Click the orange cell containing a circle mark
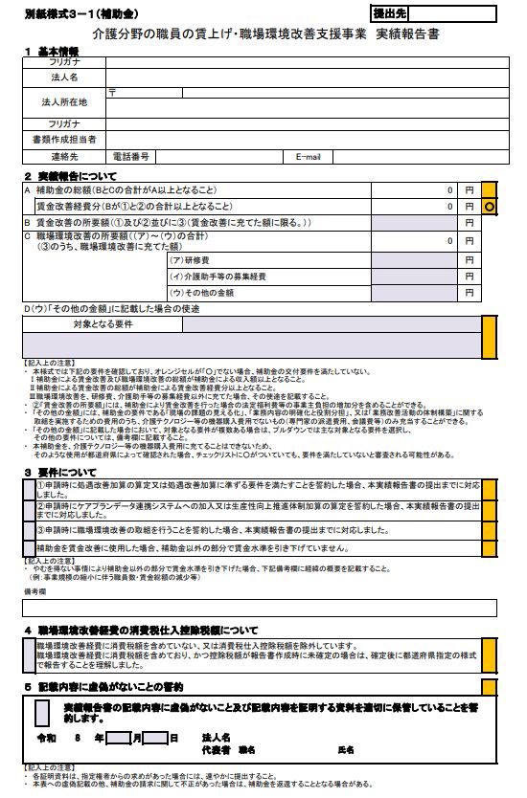489,207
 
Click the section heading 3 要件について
68,472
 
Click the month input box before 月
118,738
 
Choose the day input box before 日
156,738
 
